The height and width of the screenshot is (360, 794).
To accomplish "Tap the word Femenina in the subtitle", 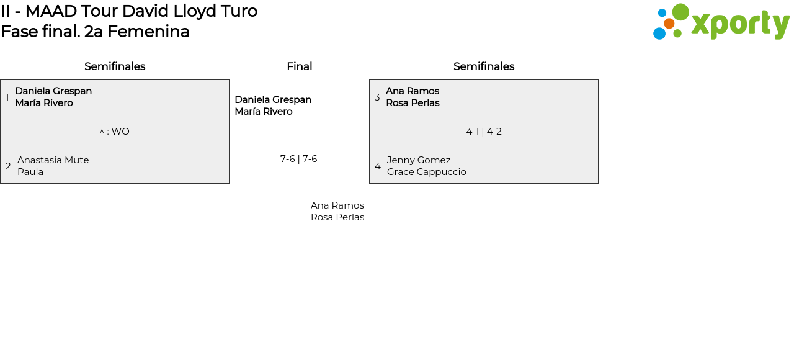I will tap(158, 32).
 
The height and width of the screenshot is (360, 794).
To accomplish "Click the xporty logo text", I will tap(740, 24).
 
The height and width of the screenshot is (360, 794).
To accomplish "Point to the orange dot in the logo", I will tap(669, 24).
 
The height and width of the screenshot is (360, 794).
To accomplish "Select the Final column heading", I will tap(299, 66).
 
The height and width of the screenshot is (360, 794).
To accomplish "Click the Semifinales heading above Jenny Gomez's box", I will tap(484, 66).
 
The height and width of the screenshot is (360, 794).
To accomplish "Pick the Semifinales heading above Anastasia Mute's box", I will tap(115, 66).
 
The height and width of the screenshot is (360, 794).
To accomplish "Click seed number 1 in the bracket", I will tap(7, 97).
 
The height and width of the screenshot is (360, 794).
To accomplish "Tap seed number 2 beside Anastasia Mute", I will tap(8, 166).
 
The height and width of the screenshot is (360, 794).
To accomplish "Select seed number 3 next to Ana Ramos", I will tap(377, 97).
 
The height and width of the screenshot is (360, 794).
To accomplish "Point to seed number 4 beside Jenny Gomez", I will tap(378, 166).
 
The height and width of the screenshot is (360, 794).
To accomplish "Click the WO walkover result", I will tap(120, 132).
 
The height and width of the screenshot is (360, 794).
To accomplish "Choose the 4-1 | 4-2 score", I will tap(484, 132).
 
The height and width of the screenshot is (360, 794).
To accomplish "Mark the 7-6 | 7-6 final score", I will tap(298, 159).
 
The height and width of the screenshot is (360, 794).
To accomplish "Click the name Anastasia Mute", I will tap(53, 160).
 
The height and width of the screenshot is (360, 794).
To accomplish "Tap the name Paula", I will tap(30, 172).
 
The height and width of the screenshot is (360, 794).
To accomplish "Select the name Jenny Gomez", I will tap(419, 160).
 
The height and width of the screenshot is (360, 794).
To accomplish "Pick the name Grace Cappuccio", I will tap(427, 172).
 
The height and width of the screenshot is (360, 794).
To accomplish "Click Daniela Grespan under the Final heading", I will tap(273, 100).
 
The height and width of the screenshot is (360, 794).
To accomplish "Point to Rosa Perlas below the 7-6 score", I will tap(337, 217).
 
